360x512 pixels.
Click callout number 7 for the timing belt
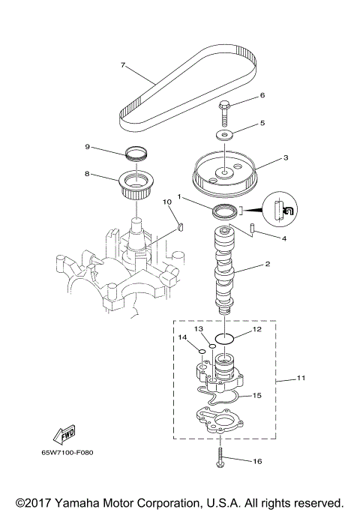tap(122, 65)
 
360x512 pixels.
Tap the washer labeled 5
tap(223, 135)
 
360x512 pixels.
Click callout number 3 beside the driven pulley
tap(265, 158)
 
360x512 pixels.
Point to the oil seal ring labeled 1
tap(223, 212)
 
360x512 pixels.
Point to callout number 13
tap(199, 329)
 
